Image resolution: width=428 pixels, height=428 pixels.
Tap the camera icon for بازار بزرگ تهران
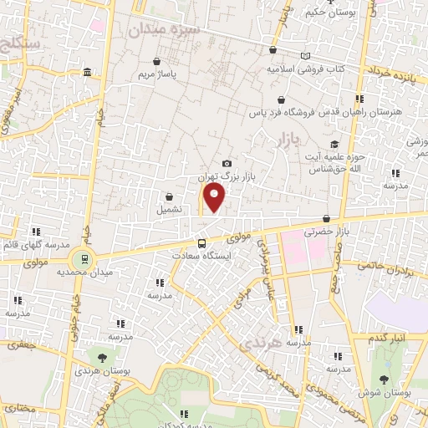227,163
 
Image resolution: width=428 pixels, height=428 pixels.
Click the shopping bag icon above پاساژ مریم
157,60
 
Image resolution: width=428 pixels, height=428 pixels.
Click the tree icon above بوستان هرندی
102,355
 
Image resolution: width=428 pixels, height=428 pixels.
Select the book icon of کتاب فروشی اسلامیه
304,55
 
